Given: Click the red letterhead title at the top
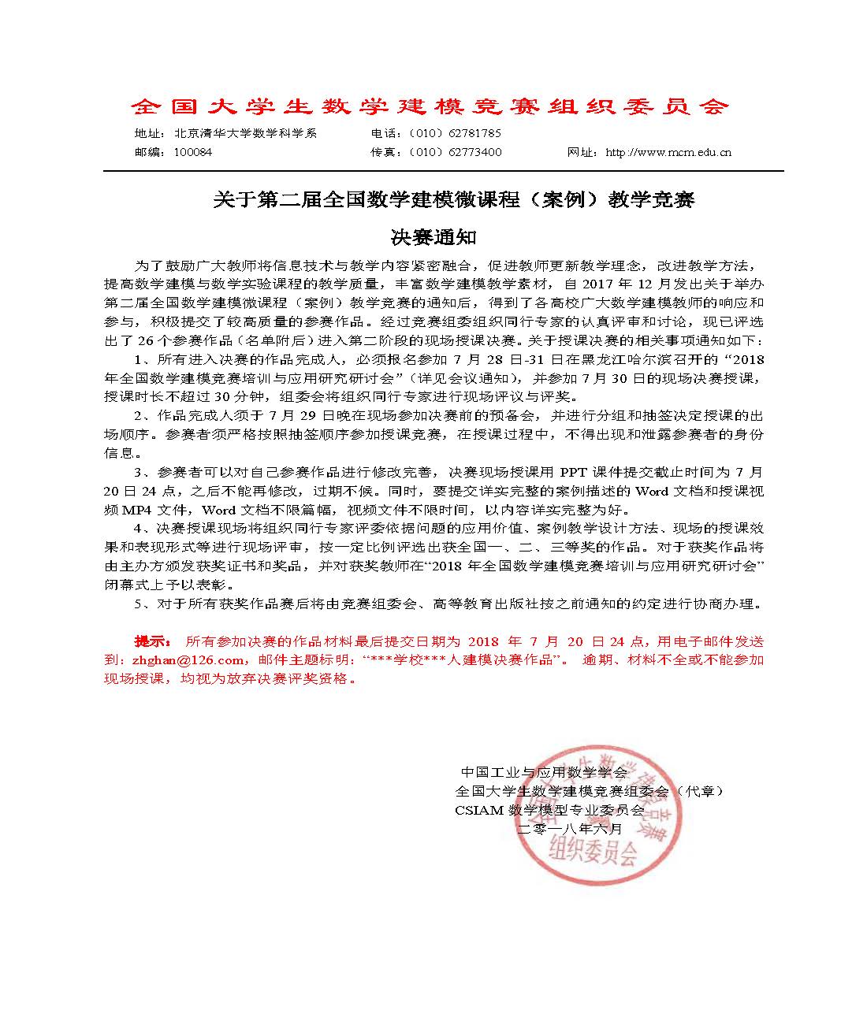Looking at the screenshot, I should click(430, 106).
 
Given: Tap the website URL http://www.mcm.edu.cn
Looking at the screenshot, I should click(668, 152).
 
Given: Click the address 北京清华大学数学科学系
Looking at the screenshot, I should click(245, 133).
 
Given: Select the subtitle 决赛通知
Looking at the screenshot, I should click(434, 236).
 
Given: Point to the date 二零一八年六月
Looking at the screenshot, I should click(570, 829).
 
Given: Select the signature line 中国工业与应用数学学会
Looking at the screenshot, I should click(544, 772).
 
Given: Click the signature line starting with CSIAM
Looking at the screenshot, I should click(549, 810).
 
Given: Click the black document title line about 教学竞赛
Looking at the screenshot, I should click(454, 200).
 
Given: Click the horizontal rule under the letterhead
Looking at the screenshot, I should click(443, 171).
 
